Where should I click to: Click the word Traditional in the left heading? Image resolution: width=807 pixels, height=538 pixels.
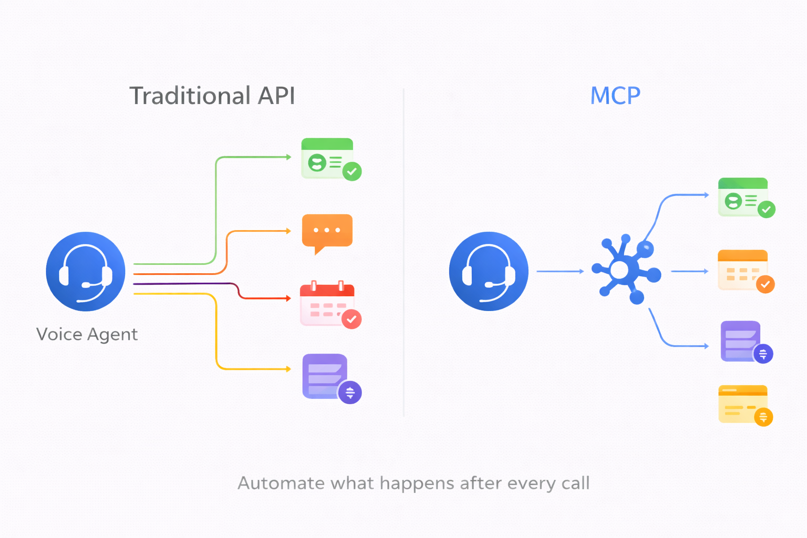(x=190, y=96)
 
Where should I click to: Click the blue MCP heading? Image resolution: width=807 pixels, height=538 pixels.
(x=615, y=96)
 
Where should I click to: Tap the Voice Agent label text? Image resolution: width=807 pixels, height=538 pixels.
(x=87, y=334)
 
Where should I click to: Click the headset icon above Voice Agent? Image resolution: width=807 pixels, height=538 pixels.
(x=86, y=271)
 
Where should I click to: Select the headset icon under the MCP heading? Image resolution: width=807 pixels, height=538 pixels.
(x=489, y=271)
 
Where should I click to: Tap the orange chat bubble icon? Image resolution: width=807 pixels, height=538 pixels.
(x=327, y=232)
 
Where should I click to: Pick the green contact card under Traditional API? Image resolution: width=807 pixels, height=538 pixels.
(x=327, y=158)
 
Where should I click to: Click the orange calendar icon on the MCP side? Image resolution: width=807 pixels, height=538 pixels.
(x=743, y=270)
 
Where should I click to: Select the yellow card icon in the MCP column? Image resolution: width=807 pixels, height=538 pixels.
(x=743, y=404)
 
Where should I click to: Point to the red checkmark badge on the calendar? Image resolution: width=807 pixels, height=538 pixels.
(x=351, y=319)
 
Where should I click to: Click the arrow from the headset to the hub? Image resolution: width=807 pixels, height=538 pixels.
(x=560, y=271)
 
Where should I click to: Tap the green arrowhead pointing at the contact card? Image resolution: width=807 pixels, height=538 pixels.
(x=288, y=157)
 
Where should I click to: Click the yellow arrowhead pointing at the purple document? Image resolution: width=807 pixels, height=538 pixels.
(x=288, y=369)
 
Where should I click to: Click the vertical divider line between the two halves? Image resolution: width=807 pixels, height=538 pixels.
(x=403, y=252)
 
